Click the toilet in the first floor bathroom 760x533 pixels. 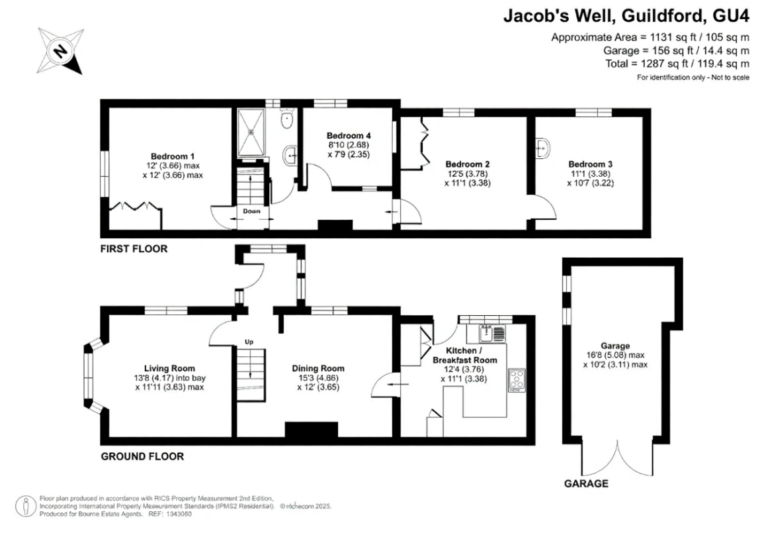coord(286,121)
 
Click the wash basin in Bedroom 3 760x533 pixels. coord(543,147)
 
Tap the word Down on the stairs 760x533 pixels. coord(251,211)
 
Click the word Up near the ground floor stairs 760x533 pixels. coord(249,342)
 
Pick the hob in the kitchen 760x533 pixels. coord(516,380)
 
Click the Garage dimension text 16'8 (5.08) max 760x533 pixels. coord(615,355)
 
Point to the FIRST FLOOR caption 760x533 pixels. coord(134,250)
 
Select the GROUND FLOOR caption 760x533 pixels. coord(142,456)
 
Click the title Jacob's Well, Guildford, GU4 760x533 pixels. coord(626,16)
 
